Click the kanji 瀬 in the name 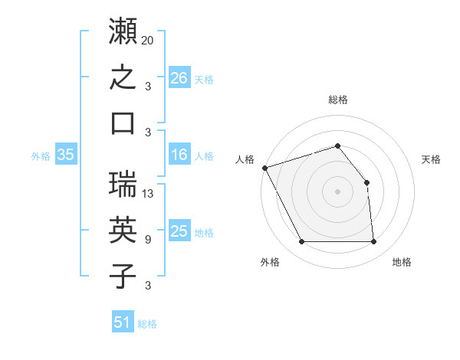pos(123,31)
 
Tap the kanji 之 pos(123,77)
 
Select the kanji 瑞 pos(123,184)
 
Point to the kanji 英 pos(123,230)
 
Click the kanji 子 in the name pos(123,276)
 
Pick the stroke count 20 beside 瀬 pos(147,41)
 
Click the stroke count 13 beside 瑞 pos(147,194)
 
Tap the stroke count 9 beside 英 pos(148,240)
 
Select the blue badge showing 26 pos(179,77)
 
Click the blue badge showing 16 pos(179,154)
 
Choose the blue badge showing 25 pos(179,230)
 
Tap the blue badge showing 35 pos(66,154)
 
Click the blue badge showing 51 pos(123,321)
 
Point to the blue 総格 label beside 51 pos(147,324)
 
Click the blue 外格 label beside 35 pos(41,156)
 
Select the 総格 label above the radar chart pos(338,100)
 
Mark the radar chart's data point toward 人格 pos(265,168)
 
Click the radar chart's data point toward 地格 pos(373,241)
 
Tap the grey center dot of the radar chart pos(337,191)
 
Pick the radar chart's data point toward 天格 pos(366,182)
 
